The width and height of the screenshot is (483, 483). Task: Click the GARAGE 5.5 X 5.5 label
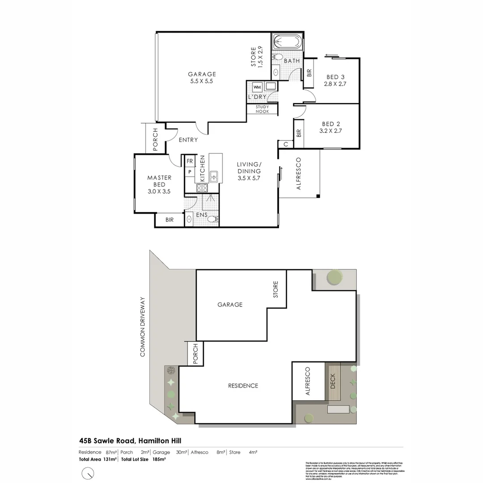202,78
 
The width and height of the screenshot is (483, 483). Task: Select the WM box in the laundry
258,87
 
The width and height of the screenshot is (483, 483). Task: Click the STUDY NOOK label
263,109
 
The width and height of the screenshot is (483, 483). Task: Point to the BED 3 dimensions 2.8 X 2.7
336,84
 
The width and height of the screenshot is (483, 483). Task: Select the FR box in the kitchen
190,161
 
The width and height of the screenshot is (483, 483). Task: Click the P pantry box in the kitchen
190,172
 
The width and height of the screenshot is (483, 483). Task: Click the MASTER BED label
159,181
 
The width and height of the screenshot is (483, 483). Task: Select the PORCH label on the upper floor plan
155,140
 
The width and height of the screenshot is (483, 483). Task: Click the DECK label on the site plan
332,381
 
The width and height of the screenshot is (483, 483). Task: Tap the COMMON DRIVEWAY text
143,326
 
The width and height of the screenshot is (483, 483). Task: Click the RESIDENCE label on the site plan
243,386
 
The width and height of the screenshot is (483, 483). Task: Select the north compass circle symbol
89,472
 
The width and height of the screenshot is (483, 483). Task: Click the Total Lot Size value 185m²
160,459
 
